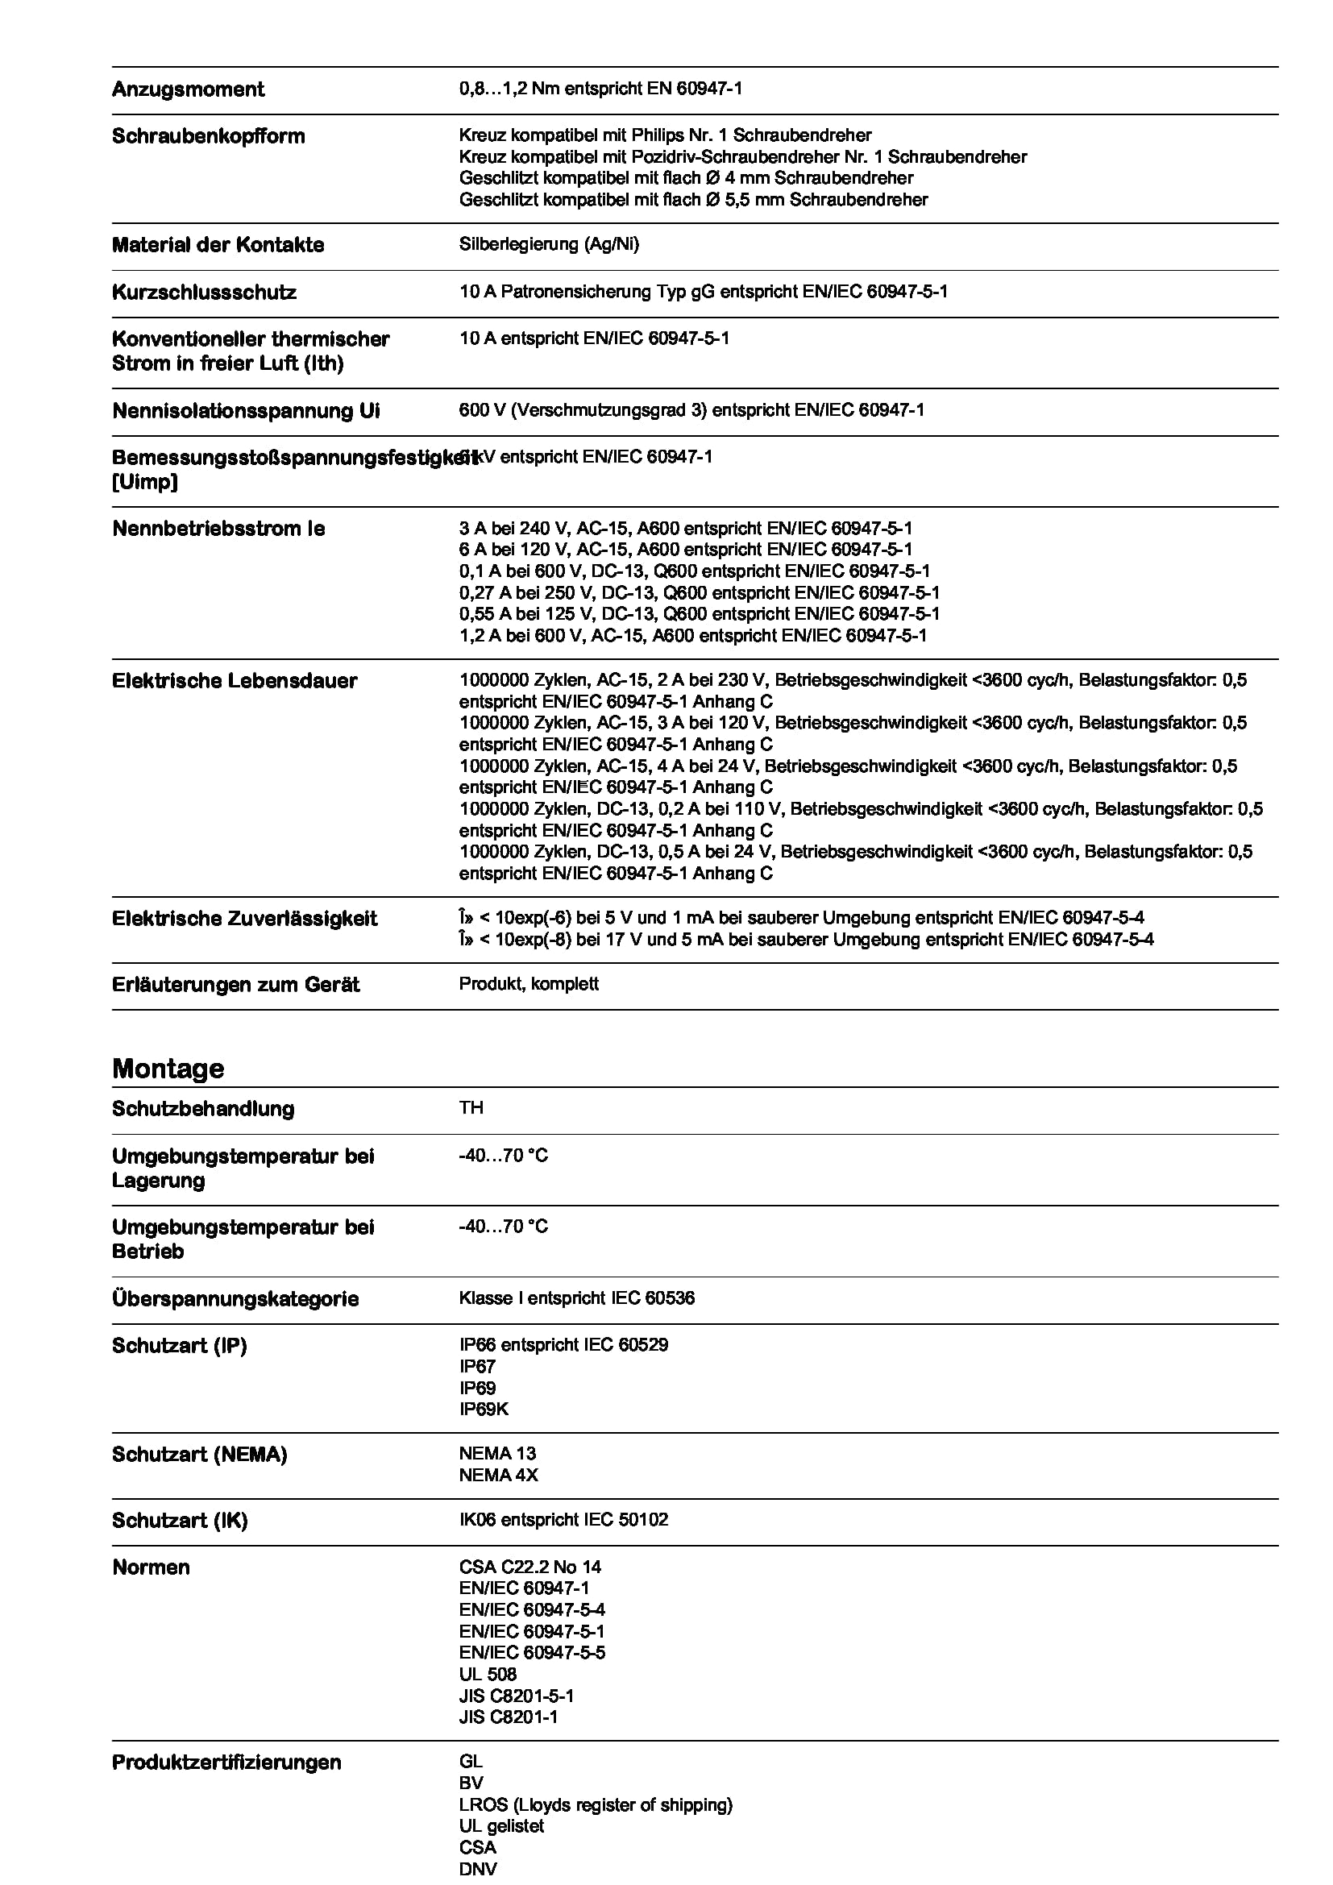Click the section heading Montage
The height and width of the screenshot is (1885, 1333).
[168, 1068]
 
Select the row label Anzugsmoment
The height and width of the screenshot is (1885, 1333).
[188, 89]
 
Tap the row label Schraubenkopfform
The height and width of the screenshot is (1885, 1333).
[208, 136]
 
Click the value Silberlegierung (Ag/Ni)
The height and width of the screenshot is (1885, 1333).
[548, 244]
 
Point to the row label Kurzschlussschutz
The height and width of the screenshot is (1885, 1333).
[204, 293]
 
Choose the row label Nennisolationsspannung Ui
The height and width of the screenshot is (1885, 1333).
[246, 410]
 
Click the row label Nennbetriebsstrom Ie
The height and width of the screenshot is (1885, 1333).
[218, 529]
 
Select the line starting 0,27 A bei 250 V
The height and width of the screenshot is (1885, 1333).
[700, 592]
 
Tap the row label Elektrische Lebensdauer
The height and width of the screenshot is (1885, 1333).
[234, 681]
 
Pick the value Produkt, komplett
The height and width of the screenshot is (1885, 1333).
[529, 983]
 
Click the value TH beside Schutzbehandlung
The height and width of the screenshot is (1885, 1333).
[471, 1107]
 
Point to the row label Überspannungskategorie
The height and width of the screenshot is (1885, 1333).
[235, 1299]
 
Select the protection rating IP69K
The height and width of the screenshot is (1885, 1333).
[484, 1409]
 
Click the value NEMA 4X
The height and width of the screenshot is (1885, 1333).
[498, 1475]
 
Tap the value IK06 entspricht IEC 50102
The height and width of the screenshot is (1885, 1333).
[563, 1519]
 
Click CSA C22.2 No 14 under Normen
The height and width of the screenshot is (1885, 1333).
[530, 1567]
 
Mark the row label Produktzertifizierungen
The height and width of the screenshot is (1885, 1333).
[226, 1762]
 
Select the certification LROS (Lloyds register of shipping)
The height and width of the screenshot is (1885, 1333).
[595, 1804]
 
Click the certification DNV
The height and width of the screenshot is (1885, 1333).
[478, 1869]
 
